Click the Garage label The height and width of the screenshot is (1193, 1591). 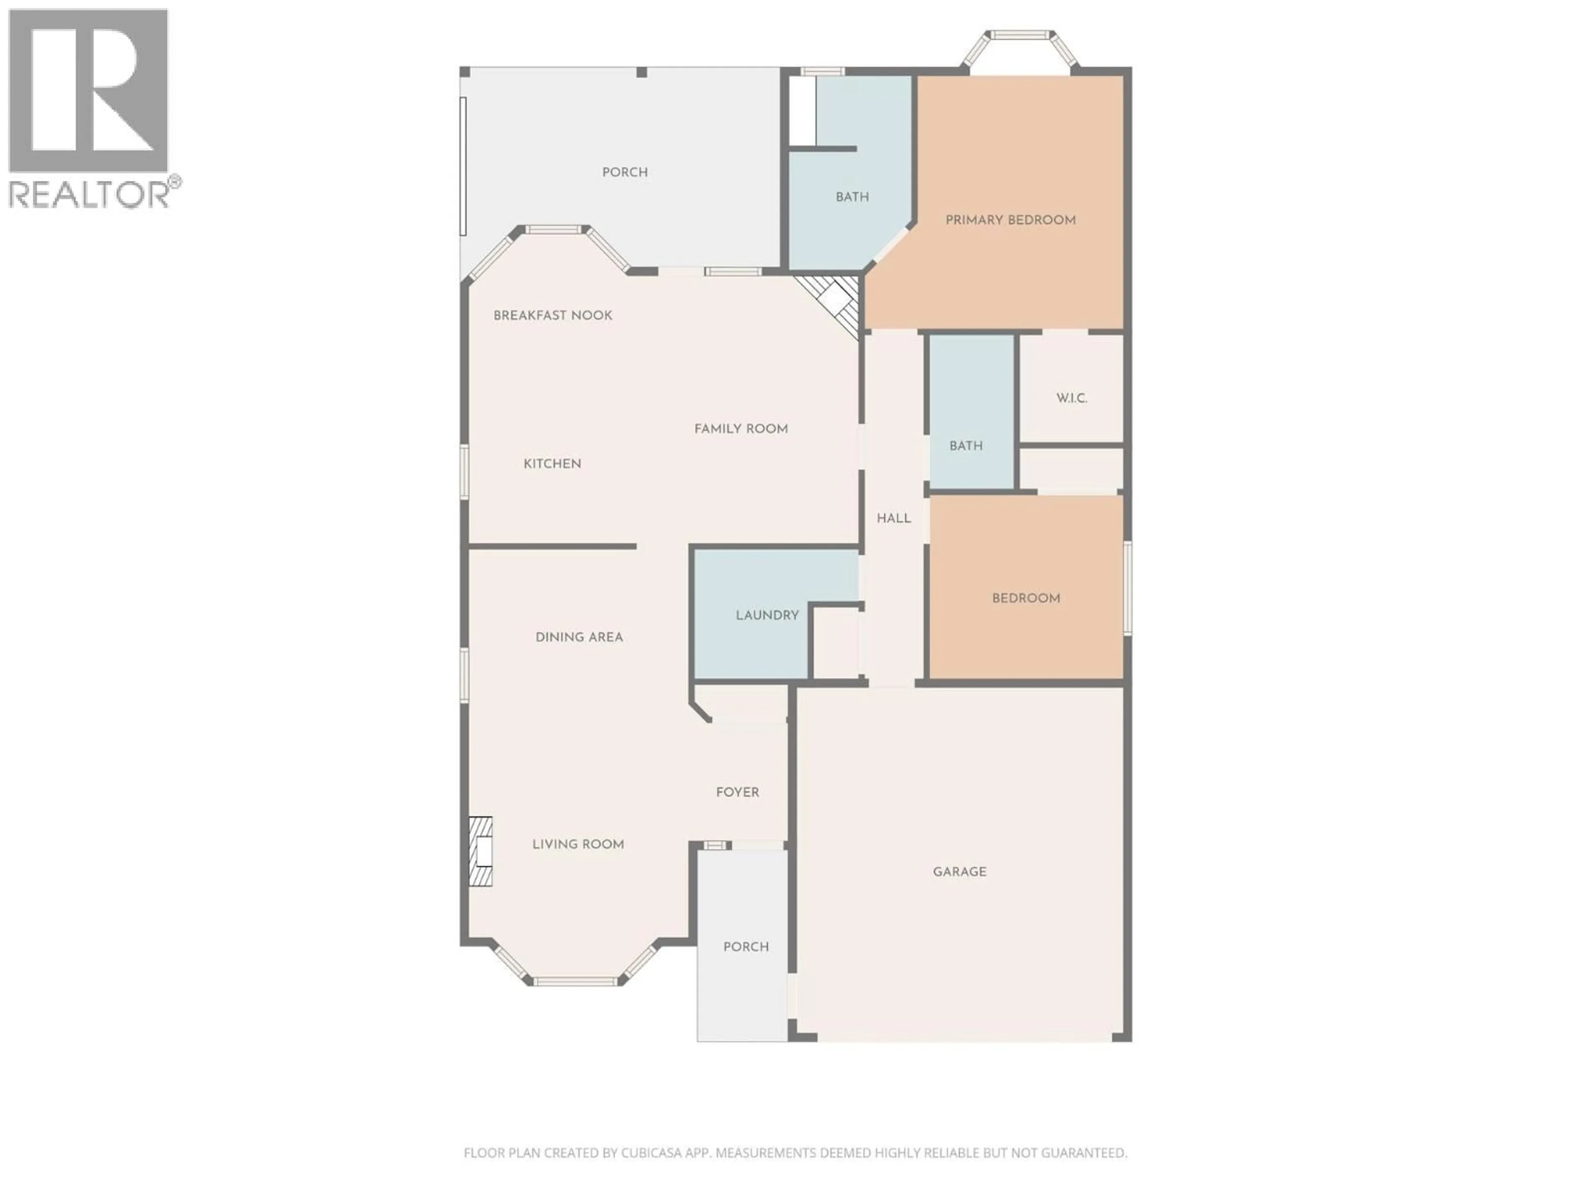pos(960,872)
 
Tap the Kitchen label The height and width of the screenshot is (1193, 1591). pos(552,464)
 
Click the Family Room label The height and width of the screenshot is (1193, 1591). pos(741,429)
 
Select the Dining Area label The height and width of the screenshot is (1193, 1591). pos(579,637)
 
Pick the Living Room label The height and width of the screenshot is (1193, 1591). pos(578,844)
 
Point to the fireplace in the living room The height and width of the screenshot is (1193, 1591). pos(481,851)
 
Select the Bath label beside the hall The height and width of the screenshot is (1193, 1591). pos(965,446)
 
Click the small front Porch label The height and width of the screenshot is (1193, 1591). pos(746,947)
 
